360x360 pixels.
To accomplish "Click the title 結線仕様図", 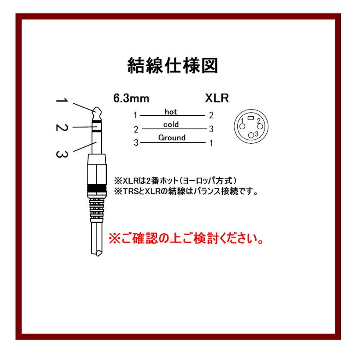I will [x=172, y=65].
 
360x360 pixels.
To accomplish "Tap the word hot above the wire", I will [x=171, y=112].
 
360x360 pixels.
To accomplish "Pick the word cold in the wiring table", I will [x=171, y=125].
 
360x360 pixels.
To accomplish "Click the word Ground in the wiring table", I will [x=172, y=138].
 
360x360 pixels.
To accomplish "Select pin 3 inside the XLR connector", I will [x=251, y=135].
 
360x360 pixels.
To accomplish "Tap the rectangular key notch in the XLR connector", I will [x=250, y=118].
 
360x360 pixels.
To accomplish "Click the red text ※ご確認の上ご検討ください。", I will [x=186, y=239].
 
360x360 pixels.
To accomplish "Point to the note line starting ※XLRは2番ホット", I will [x=178, y=180].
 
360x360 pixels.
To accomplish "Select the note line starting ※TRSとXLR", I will [x=186, y=192].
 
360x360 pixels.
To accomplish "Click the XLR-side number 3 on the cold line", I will [x=211, y=129].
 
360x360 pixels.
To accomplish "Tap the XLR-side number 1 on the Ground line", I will [x=211, y=142].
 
